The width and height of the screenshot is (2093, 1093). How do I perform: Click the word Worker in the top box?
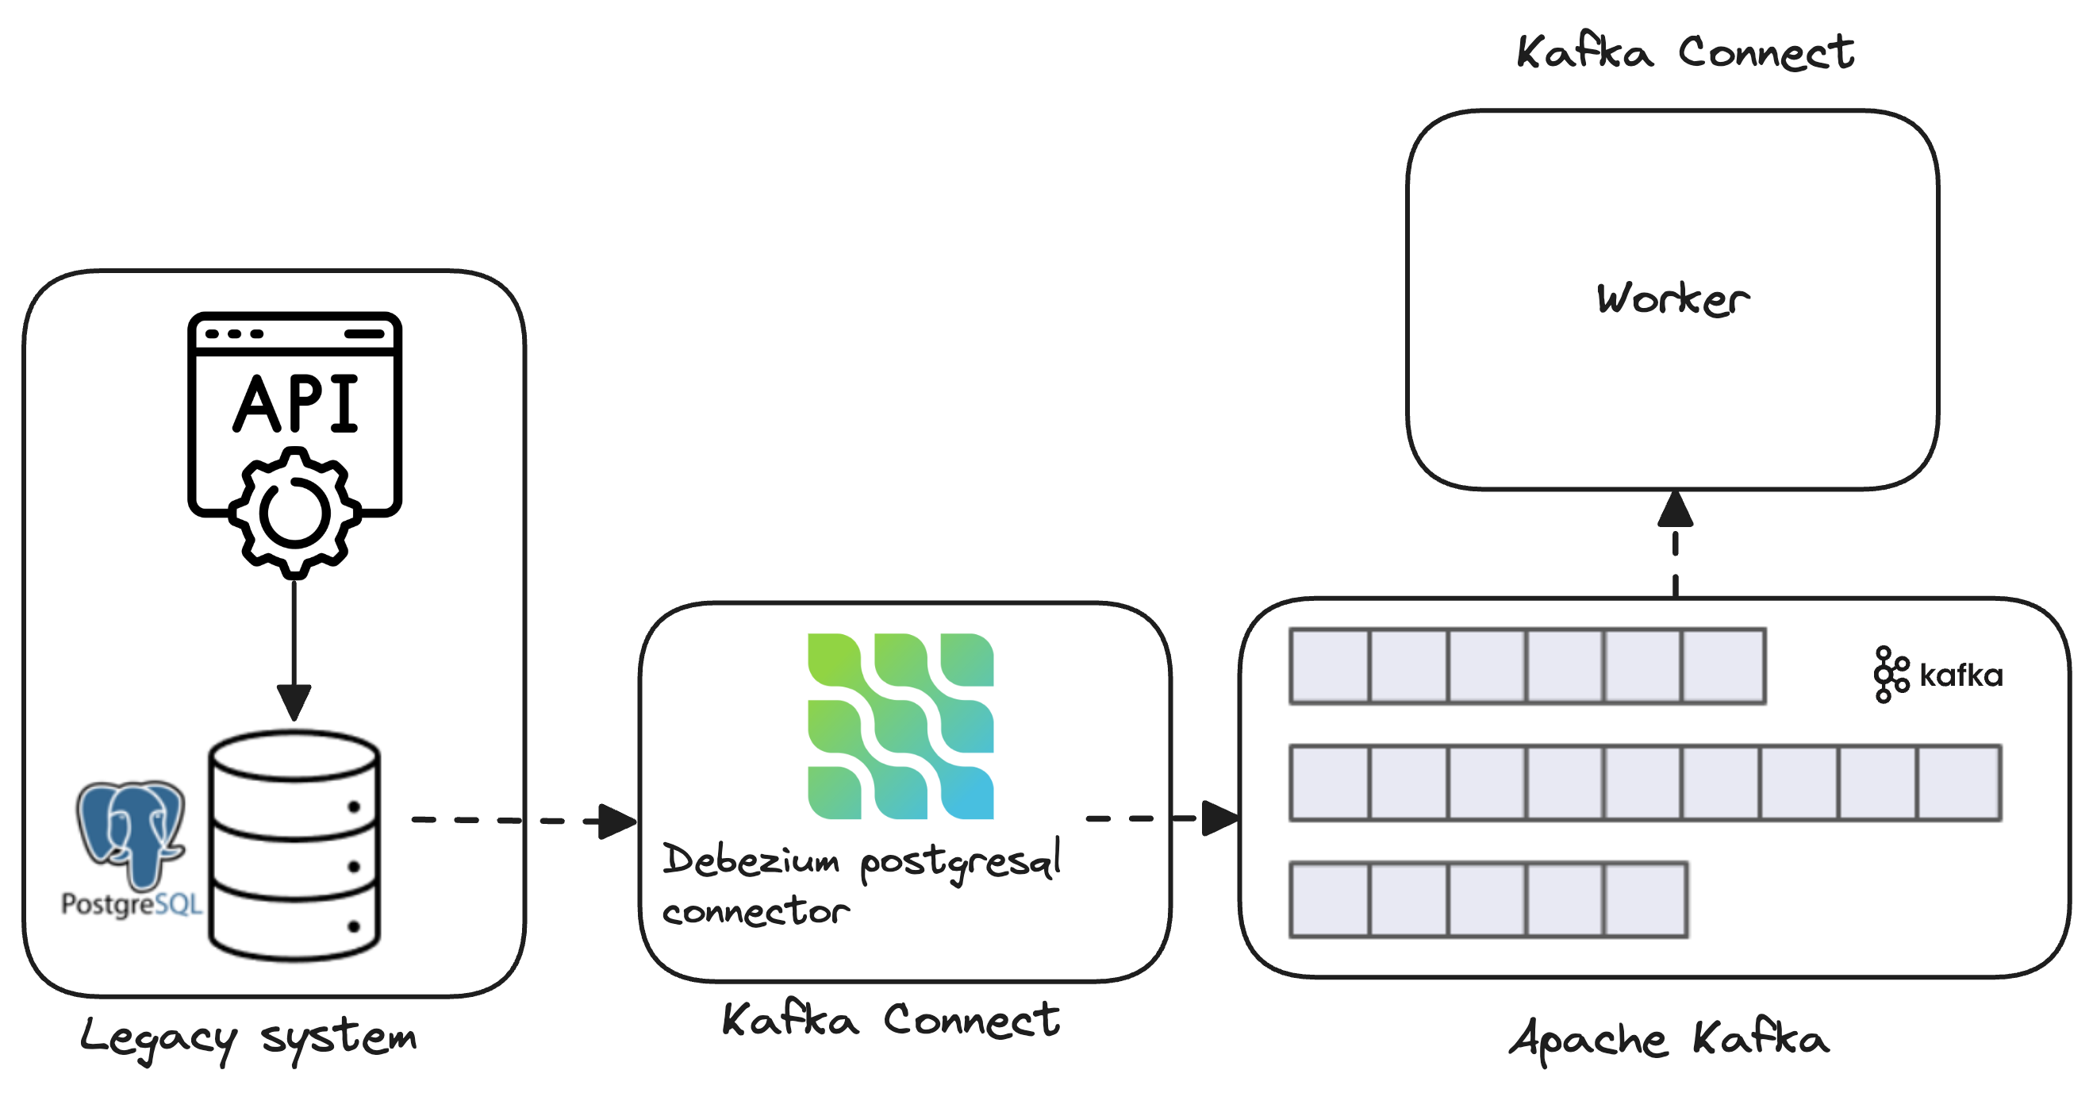(1672, 298)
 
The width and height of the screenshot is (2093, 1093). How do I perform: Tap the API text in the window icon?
(296, 404)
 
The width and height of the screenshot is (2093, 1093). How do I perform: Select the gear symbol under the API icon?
(294, 514)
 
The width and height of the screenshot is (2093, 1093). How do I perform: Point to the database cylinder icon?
(294, 845)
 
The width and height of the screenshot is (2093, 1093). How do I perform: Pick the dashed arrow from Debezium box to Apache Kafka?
(1162, 818)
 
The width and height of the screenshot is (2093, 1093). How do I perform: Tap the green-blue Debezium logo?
(901, 725)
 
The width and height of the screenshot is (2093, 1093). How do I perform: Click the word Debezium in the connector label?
(751, 860)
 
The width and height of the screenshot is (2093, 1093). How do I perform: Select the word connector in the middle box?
(755, 911)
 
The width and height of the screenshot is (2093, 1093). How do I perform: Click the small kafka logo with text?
(1937, 675)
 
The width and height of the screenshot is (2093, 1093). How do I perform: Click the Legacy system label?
(248, 1037)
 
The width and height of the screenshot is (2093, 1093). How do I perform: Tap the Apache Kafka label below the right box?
(1669, 1038)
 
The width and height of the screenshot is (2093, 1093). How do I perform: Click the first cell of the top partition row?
(1330, 665)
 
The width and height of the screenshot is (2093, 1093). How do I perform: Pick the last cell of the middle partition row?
(1959, 783)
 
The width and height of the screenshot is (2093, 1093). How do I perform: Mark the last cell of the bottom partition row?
(1646, 899)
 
